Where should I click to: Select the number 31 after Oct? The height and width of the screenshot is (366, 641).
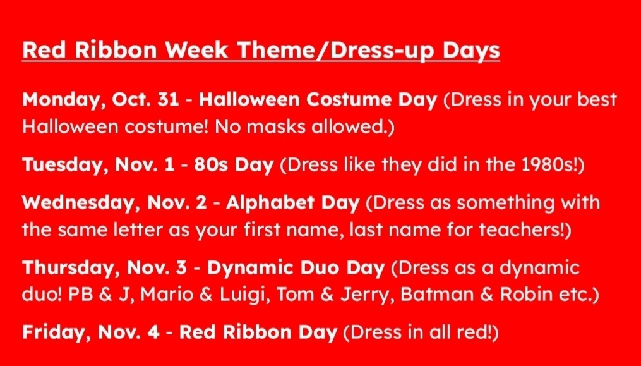pyautogui.click(x=168, y=99)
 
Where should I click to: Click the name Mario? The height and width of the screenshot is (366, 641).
pyautogui.click(x=167, y=295)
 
